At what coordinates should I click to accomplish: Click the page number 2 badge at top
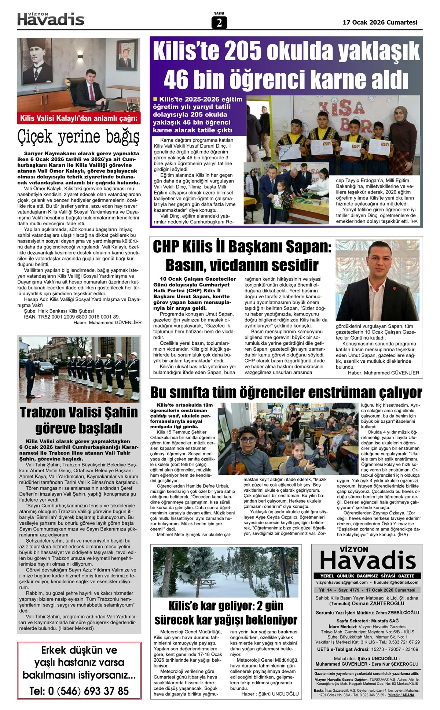pyautogui.click(x=219, y=23)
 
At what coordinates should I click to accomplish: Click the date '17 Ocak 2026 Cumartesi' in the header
pyautogui.click(x=380, y=22)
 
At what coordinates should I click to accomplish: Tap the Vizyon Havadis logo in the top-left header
pyautogui.click(x=51, y=19)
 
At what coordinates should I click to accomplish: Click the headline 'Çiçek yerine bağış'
pyautogui.click(x=78, y=137)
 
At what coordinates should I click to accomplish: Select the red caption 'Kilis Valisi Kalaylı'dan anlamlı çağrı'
pyautogui.click(x=78, y=118)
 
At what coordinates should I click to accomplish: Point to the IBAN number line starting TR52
pyautogui.click(x=71, y=317)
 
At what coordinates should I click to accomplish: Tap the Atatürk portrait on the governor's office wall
pyautogui.click(x=37, y=62)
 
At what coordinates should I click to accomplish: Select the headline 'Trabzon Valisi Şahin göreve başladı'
pyautogui.click(x=79, y=420)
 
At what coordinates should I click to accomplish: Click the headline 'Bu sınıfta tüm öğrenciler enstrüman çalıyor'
pyautogui.click(x=286, y=392)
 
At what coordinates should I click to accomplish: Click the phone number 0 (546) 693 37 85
pyautogui.click(x=79, y=691)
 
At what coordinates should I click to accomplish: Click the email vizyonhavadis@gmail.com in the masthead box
pyautogui.click(x=342, y=582)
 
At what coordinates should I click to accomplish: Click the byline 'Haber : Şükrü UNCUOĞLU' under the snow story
pyautogui.click(x=270, y=694)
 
